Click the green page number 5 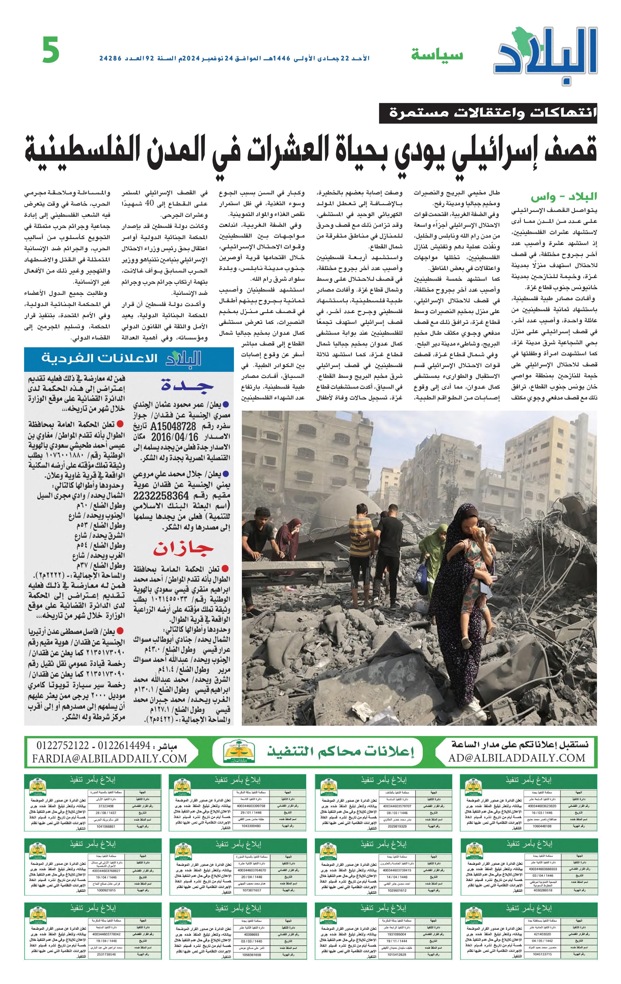[51, 50]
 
